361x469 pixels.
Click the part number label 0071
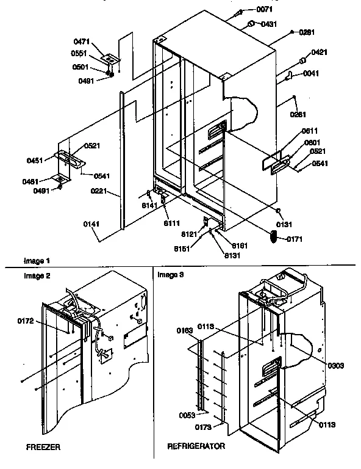pos(264,10)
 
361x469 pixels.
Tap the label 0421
pos(321,53)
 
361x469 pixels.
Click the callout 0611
pos(310,131)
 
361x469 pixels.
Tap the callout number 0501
pos(81,67)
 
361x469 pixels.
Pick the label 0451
pos(35,161)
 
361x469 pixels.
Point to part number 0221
pos(98,192)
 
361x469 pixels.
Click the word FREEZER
pos(43,447)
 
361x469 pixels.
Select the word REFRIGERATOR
pos(196,446)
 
